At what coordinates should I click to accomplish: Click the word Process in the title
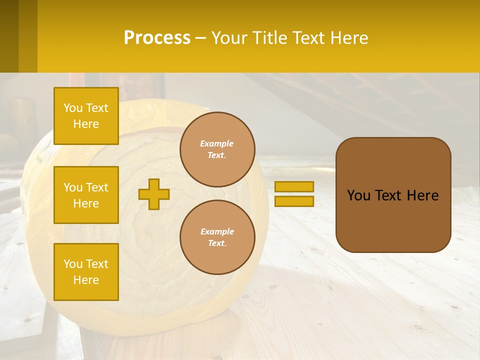[157, 38]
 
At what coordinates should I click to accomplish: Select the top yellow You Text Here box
[86, 116]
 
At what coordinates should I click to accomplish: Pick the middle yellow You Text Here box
[86, 195]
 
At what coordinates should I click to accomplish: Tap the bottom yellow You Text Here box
[86, 272]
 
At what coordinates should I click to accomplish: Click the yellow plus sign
[154, 194]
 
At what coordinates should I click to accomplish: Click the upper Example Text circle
[217, 149]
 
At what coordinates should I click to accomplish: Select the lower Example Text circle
[217, 237]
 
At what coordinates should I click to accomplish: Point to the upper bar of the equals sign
[294, 186]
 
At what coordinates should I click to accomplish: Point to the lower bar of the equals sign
[294, 201]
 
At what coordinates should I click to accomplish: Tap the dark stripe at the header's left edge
[9, 36]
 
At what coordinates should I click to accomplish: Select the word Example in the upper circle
[216, 143]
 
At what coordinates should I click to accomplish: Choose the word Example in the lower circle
[216, 231]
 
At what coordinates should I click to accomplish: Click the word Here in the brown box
[422, 195]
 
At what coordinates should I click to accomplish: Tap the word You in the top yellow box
[72, 108]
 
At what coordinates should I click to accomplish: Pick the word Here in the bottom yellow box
[86, 280]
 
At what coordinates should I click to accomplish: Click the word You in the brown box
[358, 195]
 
